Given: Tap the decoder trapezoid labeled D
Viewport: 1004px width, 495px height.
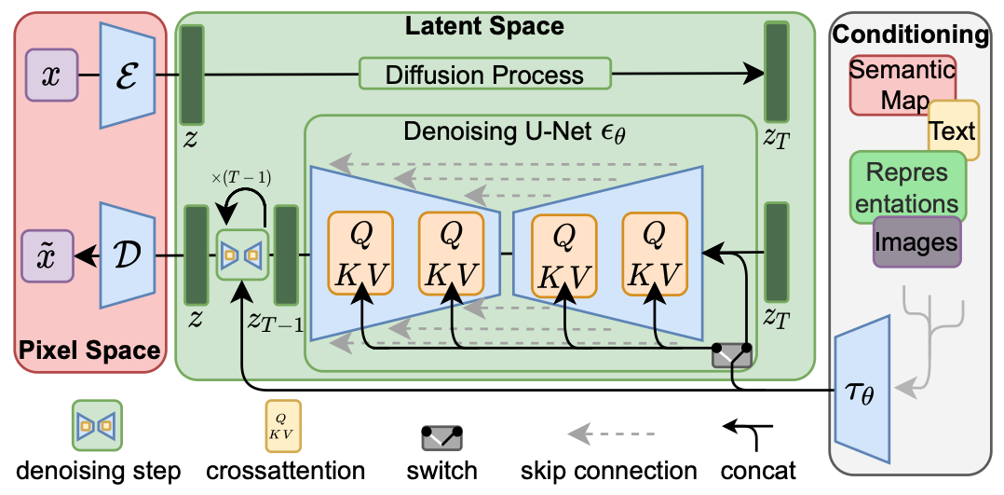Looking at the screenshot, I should [x=127, y=254].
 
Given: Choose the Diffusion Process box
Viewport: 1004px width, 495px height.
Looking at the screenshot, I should [x=484, y=75].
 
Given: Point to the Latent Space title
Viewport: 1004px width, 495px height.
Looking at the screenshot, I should [x=483, y=25].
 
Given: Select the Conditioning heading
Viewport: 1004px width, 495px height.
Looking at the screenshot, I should [x=910, y=36].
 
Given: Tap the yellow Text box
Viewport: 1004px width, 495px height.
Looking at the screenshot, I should [x=953, y=131].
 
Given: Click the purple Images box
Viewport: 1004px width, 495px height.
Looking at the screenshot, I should [x=916, y=242].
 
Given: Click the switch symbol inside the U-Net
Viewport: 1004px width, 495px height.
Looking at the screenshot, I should [x=731, y=355].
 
